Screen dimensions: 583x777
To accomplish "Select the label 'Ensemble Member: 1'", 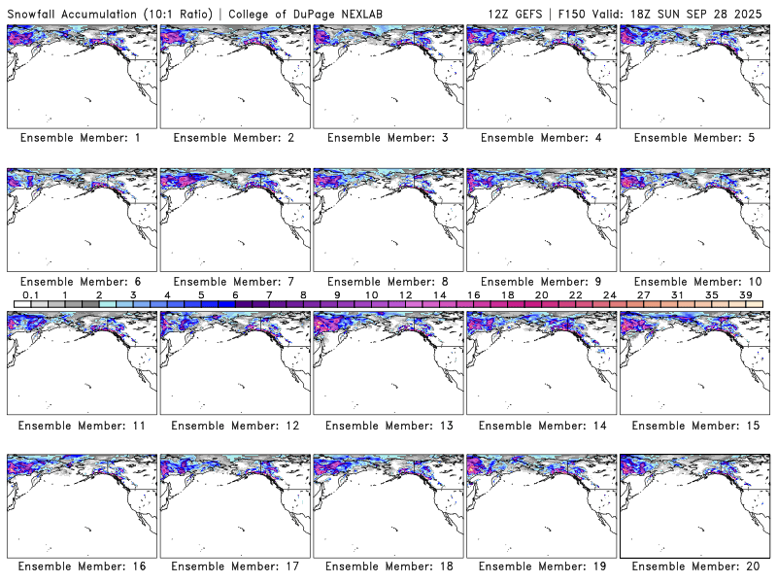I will pyautogui.click(x=81, y=138).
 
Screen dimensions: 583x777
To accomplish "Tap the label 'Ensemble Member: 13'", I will pyautogui.click(x=388, y=426).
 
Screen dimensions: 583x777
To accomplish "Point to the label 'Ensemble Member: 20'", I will pyautogui.click(x=694, y=566).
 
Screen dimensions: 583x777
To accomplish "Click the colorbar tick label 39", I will pyautogui.click(x=744, y=294).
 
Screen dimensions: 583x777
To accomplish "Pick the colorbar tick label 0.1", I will pyautogui.click(x=30, y=294).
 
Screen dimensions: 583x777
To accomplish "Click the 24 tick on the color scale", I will pyautogui.click(x=609, y=294).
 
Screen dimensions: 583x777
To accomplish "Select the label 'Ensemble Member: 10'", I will pyautogui.click(x=694, y=282).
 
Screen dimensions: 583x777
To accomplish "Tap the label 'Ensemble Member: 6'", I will pyautogui.click(x=81, y=282).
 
